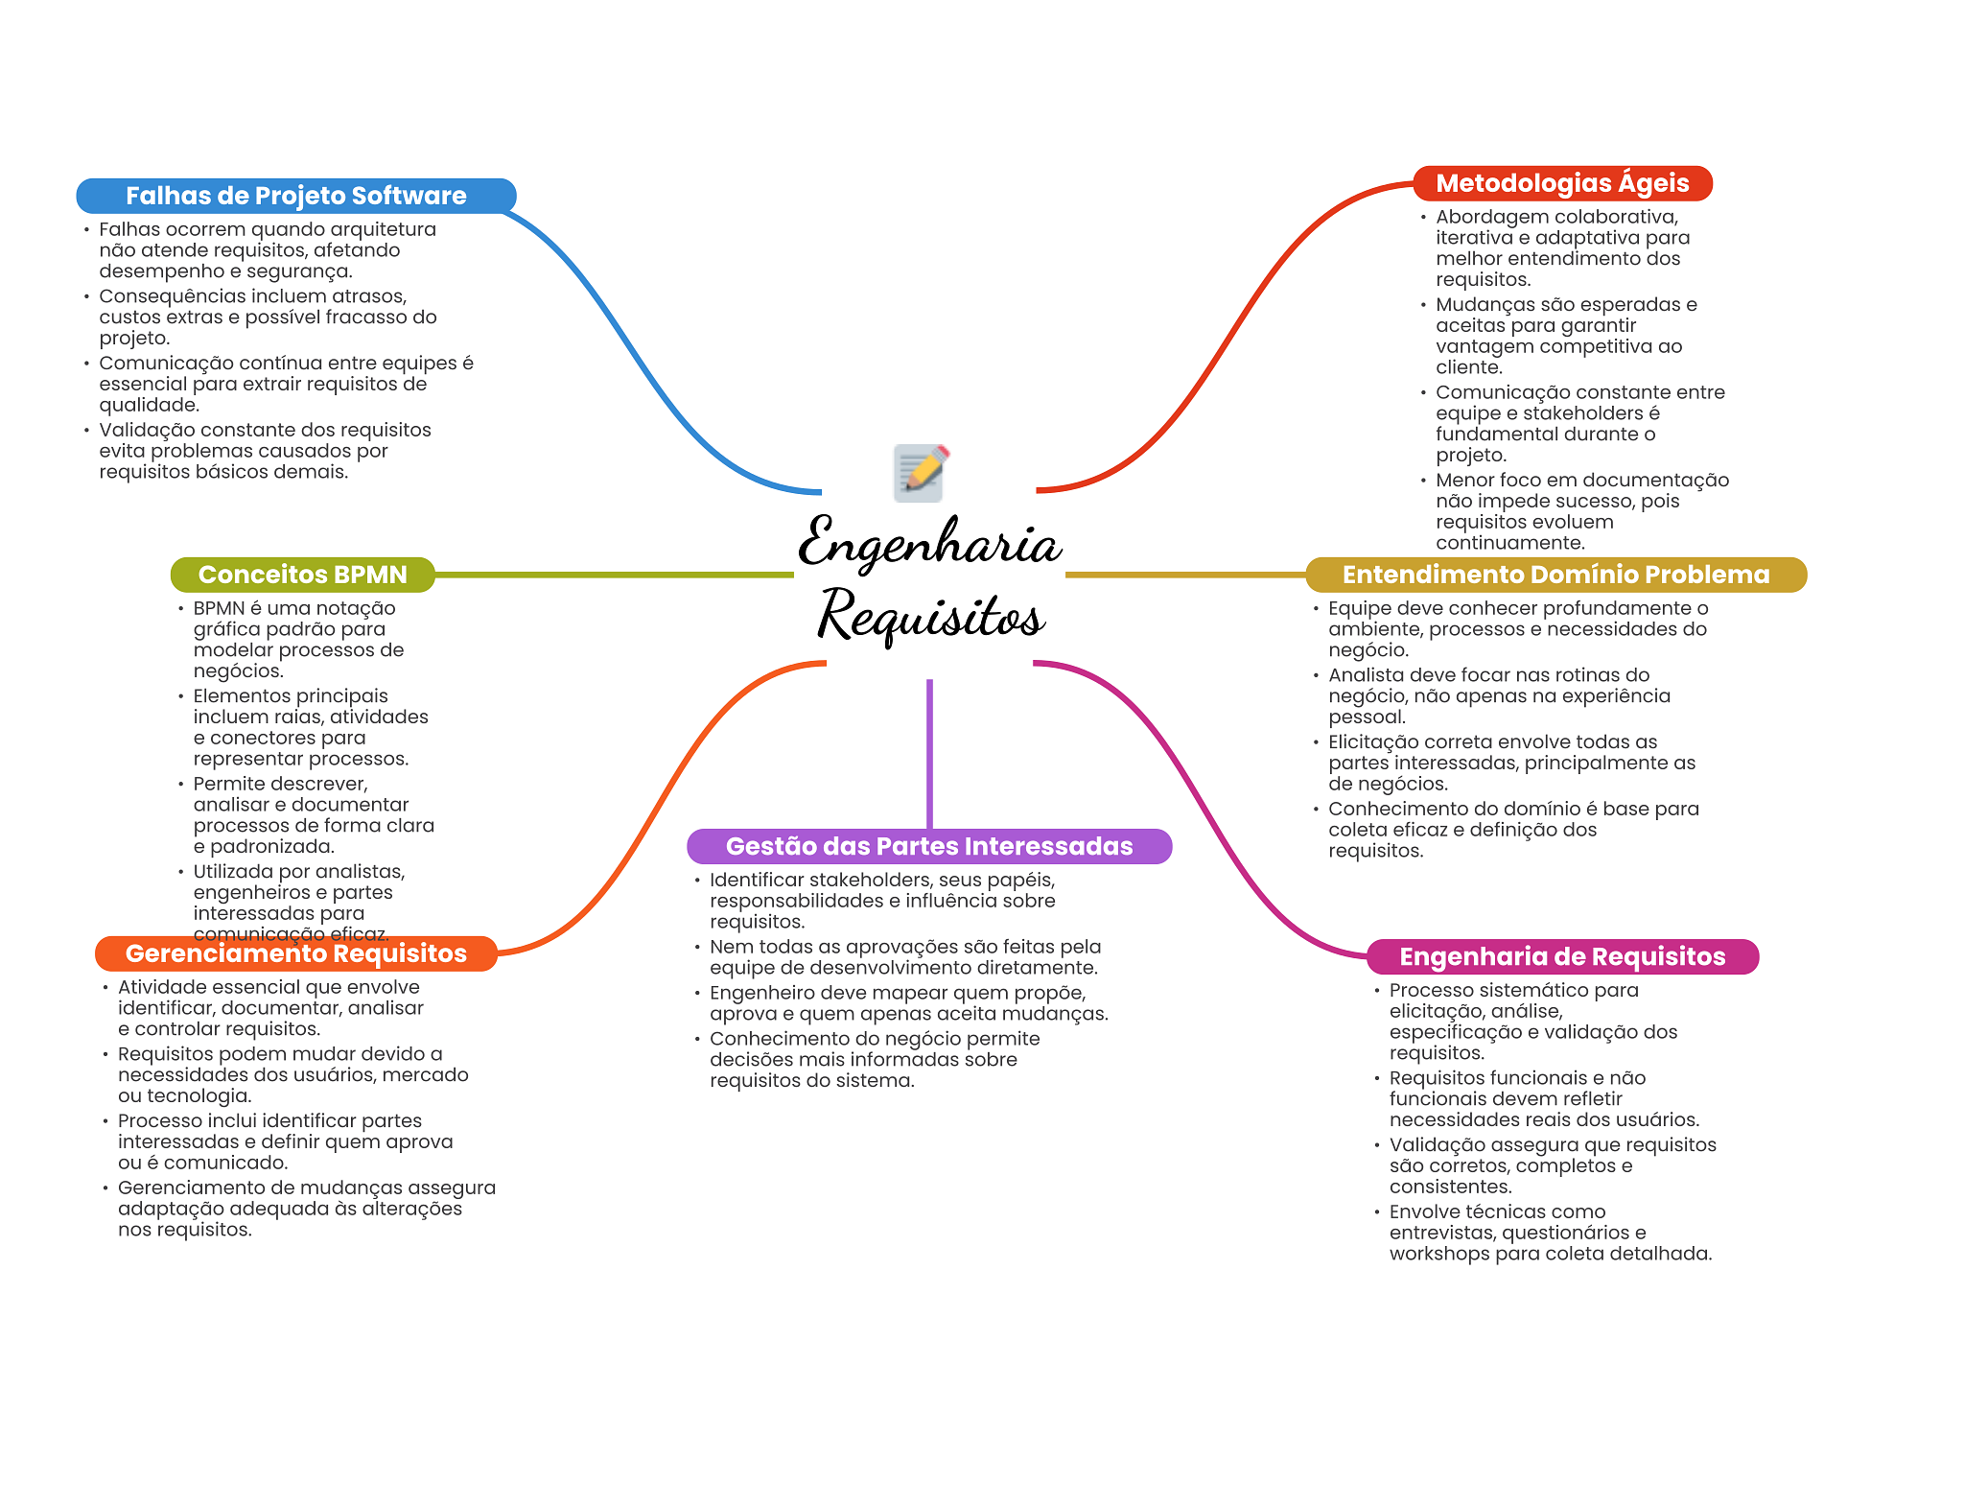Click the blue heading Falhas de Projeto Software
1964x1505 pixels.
click(295, 196)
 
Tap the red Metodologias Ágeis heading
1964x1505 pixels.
click(1562, 183)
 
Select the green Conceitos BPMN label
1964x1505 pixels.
click(302, 575)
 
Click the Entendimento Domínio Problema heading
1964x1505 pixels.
click(1555, 575)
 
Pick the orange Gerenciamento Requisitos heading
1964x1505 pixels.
click(295, 953)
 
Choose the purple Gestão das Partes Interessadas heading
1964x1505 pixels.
click(928, 846)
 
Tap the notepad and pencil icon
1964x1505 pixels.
click(921, 472)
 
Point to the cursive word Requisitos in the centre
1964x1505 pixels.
click(930, 615)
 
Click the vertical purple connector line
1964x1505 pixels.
click(929, 753)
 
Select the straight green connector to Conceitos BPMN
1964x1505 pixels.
click(614, 575)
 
